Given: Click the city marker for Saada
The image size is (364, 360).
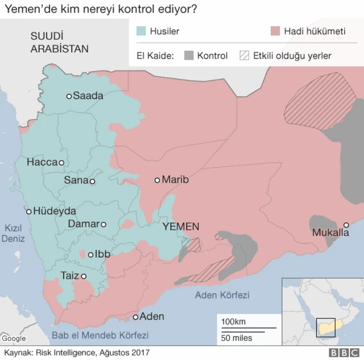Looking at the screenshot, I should coord(69,96).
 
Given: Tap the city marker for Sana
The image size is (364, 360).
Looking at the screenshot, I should coord(92,181).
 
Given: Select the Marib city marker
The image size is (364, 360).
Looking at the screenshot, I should coord(158,180).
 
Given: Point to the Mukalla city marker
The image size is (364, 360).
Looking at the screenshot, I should coord(346,225).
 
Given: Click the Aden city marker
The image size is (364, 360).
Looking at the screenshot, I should coord(136,317).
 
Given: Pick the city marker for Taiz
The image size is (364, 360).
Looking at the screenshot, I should coord(84,276).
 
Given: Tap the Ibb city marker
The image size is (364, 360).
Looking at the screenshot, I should coord(90,255).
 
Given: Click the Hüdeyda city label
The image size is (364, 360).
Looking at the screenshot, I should coord(55,210).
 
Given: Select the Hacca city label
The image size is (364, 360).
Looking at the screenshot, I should coord(42,163).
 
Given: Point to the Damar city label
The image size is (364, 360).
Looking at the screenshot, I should coord(84,224).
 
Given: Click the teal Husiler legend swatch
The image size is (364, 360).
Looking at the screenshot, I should coord(142,32).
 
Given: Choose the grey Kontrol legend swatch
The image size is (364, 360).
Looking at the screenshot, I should coord(189,56).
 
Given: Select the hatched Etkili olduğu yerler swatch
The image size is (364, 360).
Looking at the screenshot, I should coord(245,56).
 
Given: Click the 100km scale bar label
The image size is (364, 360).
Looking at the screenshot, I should coord(233,322).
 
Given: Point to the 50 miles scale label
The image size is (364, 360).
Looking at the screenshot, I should coord(237,338).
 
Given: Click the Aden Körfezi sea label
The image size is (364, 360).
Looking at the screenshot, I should coord(222,295).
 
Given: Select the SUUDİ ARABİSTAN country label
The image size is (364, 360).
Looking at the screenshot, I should coord(59,43).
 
